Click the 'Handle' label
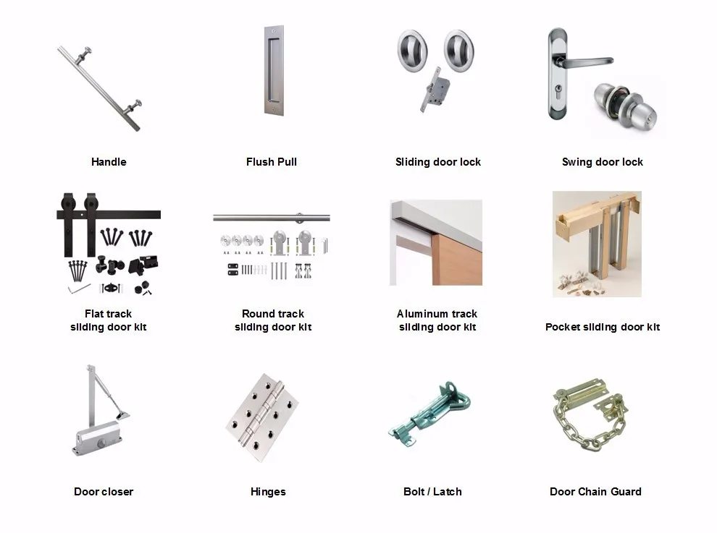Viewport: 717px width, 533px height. tap(109, 162)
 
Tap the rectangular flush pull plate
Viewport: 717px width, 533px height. tap(274, 70)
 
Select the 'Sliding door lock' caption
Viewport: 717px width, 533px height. tap(438, 162)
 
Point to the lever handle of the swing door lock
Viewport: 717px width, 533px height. tap(585, 62)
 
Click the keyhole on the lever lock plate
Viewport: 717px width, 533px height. tap(558, 88)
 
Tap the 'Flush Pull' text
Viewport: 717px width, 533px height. tap(272, 162)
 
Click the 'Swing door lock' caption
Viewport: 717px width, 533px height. tap(603, 162)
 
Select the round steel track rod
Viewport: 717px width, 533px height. tap(272, 218)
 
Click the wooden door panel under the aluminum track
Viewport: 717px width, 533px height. tap(457, 260)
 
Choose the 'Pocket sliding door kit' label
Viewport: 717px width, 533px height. tap(603, 327)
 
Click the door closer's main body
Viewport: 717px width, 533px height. tap(98, 438)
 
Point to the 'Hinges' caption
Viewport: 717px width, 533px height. tap(268, 492)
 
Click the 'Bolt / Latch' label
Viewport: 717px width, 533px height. tap(432, 492)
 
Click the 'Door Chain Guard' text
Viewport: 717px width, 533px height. tap(595, 492)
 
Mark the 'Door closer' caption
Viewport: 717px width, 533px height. tap(104, 492)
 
